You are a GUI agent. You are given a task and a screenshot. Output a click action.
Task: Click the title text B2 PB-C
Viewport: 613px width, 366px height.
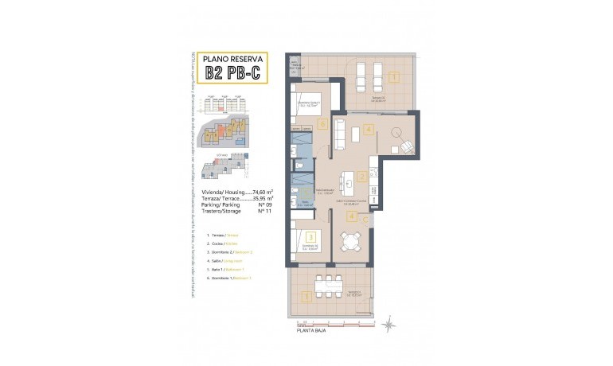click(x=232, y=73)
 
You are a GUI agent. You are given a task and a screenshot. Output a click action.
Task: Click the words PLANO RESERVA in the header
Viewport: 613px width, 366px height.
click(x=232, y=59)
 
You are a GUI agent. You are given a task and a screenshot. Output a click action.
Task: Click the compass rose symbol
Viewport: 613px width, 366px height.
click(x=388, y=322)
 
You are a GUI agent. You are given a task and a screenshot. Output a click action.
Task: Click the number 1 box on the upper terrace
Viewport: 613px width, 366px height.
click(x=395, y=77)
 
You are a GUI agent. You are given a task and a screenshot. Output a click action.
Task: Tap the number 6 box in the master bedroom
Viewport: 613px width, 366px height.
click(x=321, y=124)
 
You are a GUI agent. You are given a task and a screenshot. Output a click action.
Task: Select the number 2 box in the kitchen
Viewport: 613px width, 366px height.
click(x=363, y=177)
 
